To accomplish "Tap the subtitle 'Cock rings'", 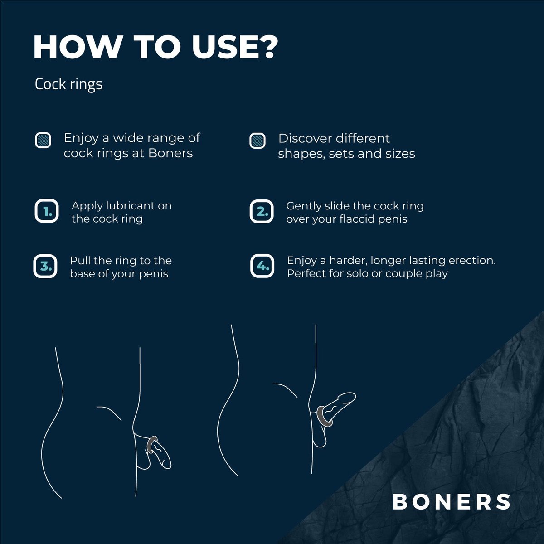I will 68,84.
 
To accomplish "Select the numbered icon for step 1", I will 46,211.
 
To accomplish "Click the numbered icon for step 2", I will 262,211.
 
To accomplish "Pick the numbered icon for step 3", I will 46,266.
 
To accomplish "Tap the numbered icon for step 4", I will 262,266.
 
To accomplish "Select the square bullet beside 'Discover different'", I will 257,141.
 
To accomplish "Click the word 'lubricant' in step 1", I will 130,205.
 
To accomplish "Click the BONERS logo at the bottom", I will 452,501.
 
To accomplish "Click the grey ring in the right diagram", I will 323,415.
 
